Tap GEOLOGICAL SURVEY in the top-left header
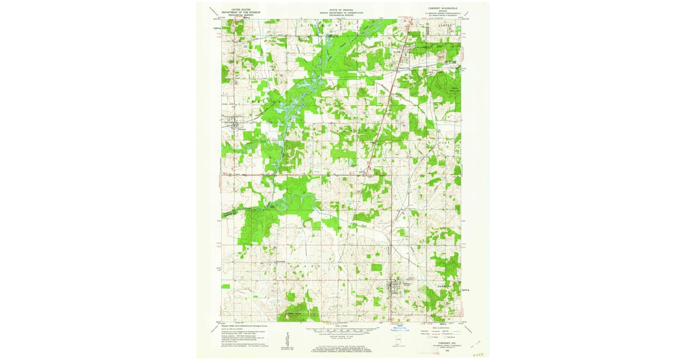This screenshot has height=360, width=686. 240,15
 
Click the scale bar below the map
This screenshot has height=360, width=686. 342,330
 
